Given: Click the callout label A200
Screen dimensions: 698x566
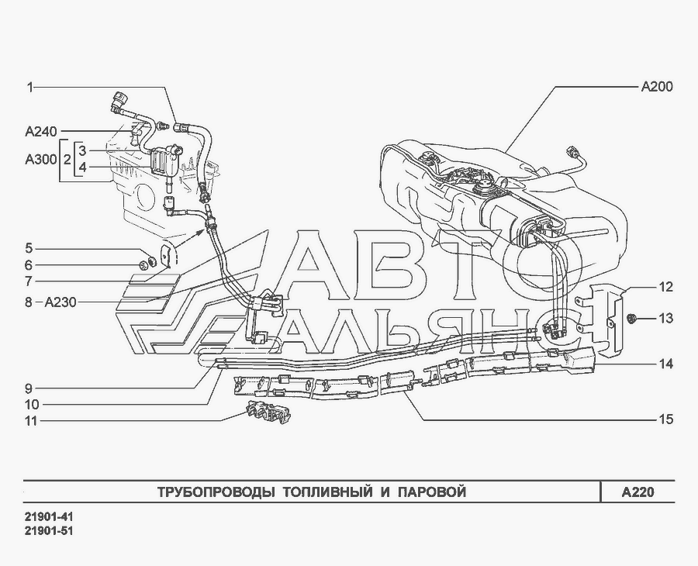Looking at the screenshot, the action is (657, 87).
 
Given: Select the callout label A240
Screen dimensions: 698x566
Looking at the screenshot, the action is (41, 131).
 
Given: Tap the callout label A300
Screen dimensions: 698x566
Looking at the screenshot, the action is (41, 159).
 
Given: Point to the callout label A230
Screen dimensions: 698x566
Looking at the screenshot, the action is (60, 302).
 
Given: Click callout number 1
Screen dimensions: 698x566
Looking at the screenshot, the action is (29, 87).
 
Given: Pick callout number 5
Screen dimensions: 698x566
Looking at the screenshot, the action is (29, 248).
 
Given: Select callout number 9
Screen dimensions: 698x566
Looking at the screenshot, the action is (29, 388).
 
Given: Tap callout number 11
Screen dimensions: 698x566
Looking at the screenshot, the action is (32, 420).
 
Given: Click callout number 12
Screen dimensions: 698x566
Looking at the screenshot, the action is (665, 287).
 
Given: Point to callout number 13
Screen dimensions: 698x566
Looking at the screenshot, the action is (665, 319).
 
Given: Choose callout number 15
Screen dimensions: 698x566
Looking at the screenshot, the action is (665, 419).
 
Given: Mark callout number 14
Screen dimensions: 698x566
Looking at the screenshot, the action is (665, 364).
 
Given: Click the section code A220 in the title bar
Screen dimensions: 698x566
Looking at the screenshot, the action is (638, 492).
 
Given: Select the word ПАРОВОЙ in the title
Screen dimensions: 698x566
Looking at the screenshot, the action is (432, 492).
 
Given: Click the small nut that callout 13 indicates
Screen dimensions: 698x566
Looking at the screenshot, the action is (631, 318).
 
